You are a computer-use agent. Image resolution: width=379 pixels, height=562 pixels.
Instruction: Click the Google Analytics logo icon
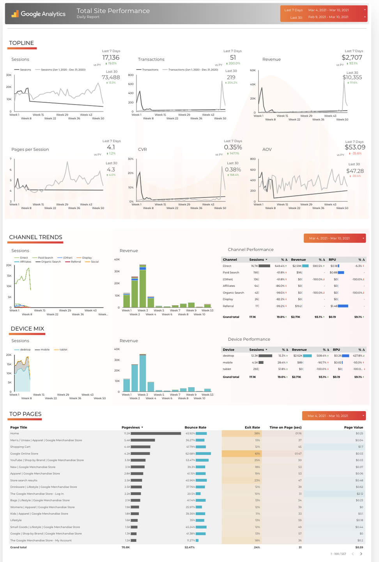point(15,14)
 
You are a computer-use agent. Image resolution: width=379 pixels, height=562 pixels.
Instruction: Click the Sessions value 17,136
point(111,57)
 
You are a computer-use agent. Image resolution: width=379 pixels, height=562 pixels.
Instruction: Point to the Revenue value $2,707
point(352,57)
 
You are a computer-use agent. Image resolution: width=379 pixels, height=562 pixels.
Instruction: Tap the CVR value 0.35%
point(233,147)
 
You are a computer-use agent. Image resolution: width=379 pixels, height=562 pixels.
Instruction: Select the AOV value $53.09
point(355,147)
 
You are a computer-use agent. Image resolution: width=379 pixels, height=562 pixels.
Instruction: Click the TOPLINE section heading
point(21,43)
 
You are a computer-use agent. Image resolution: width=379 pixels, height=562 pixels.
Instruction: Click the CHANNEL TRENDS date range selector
point(335,238)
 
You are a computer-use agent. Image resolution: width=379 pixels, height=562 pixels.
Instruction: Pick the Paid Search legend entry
point(45,258)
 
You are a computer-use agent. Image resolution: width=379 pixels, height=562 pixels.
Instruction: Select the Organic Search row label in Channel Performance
point(233,293)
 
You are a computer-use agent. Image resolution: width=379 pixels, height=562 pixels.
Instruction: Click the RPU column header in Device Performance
point(336,350)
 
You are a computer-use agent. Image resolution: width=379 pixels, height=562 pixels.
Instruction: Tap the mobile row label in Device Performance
point(228,363)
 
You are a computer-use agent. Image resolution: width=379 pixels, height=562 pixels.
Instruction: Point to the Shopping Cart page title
point(17,447)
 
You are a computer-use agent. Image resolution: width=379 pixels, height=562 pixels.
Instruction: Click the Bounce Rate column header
point(195,427)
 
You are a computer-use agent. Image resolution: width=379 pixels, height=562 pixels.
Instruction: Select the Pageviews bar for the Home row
point(156,433)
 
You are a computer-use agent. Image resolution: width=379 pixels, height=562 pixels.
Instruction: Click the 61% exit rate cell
point(257,454)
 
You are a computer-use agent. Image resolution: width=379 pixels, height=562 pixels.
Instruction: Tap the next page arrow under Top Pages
point(361,554)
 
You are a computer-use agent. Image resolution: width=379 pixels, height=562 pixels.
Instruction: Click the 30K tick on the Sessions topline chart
point(9,75)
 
